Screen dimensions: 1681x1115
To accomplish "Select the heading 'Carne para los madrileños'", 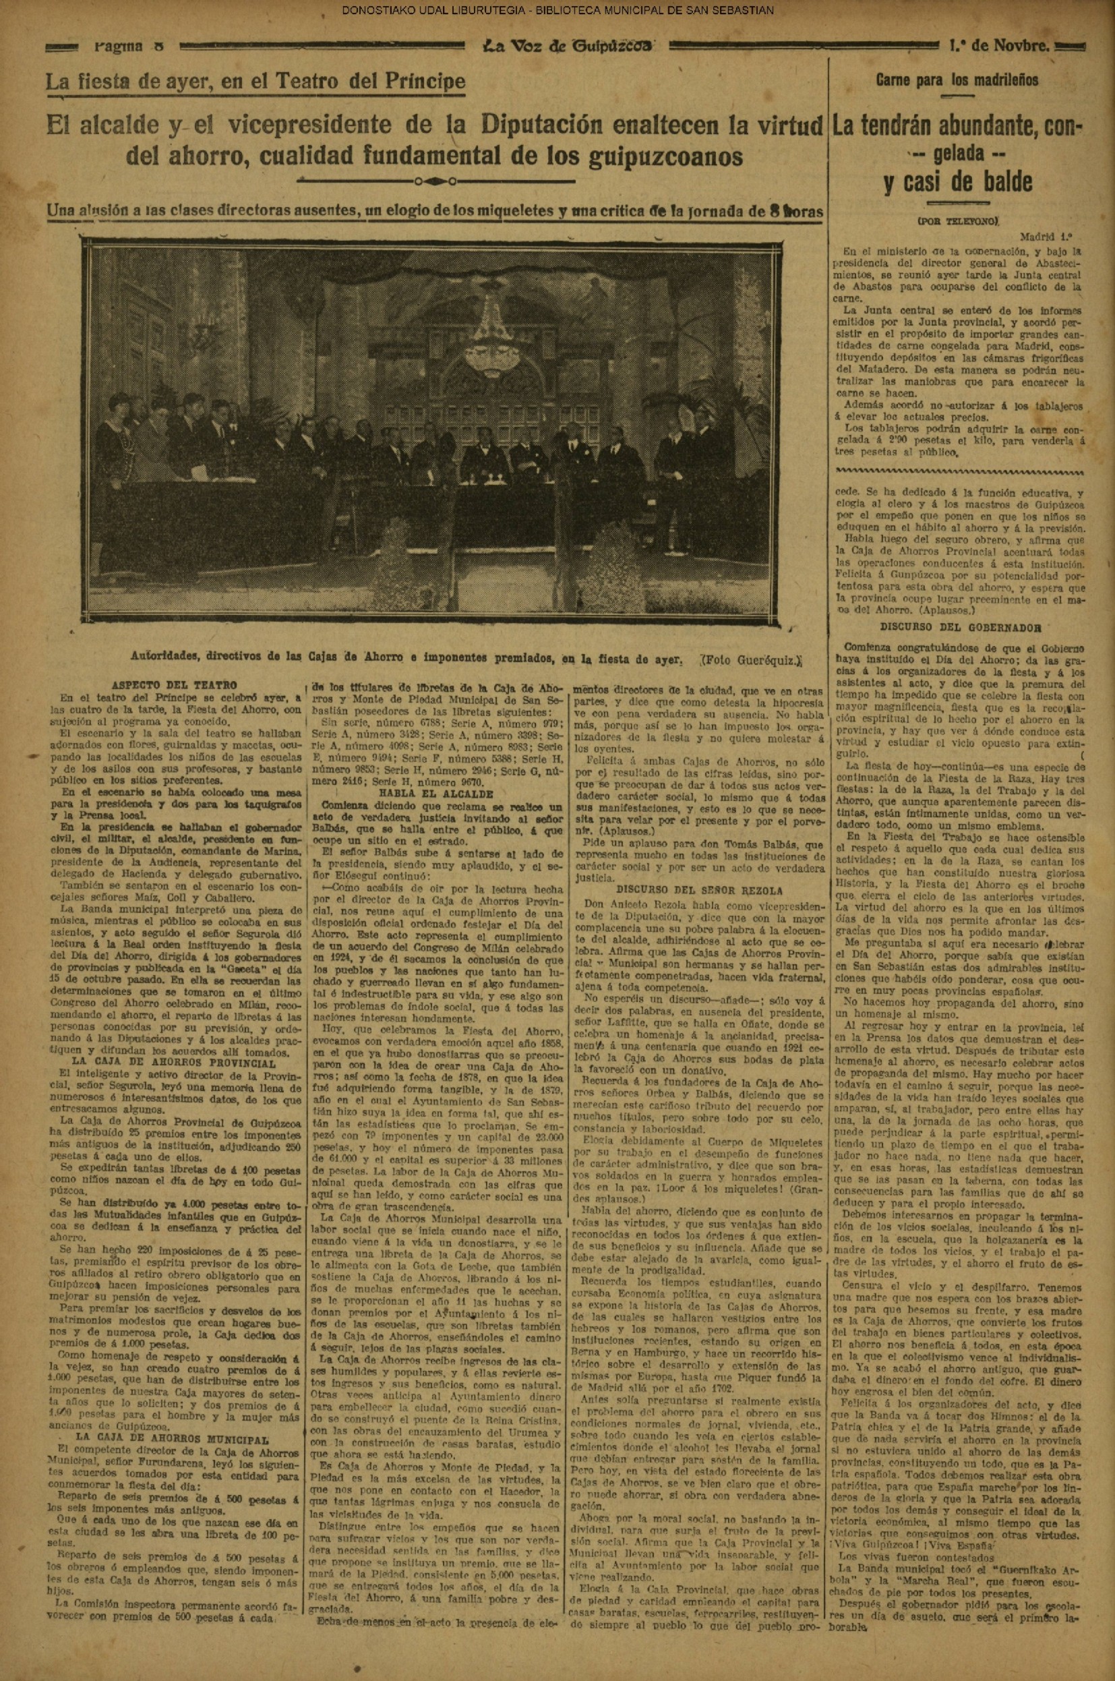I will coord(957,80).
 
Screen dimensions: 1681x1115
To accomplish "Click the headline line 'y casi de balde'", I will coord(957,182).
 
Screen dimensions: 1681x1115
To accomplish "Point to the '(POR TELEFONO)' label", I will coord(958,221).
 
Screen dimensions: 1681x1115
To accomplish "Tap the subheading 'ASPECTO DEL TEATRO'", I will coord(175,686).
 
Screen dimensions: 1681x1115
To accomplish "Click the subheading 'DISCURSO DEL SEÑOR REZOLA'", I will coord(699,889).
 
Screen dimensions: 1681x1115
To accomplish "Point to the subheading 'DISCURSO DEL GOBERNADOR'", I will coord(961,628).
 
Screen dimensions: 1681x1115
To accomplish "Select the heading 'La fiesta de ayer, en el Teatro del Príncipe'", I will coord(256,81).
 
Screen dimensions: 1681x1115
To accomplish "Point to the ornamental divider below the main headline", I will coord(433,179).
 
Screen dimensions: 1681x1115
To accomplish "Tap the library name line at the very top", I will coord(557,10).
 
